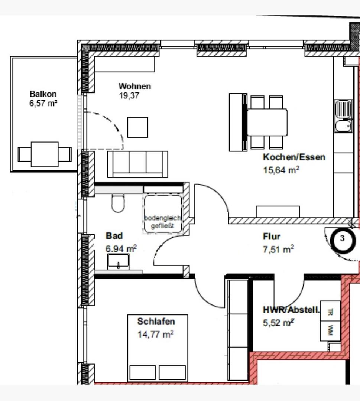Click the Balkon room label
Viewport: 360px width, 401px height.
click(x=43, y=94)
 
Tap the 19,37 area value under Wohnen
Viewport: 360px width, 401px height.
click(x=129, y=96)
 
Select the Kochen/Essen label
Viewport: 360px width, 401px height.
click(x=294, y=157)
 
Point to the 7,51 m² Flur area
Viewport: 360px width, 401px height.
click(x=278, y=249)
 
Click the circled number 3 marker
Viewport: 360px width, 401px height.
click(x=343, y=240)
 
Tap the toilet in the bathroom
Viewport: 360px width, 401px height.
click(x=118, y=203)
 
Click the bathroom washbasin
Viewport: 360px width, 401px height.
click(x=118, y=261)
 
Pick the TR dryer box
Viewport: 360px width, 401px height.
click(x=330, y=312)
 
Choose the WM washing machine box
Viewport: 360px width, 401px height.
click(x=330, y=331)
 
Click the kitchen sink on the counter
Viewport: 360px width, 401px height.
click(x=343, y=116)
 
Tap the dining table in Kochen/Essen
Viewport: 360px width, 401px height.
click(x=267, y=122)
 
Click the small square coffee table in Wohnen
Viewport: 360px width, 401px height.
click(x=138, y=127)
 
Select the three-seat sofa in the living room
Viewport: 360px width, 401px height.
click(x=138, y=164)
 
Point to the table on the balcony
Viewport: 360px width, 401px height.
click(x=45, y=154)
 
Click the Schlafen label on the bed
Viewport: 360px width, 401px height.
click(x=156, y=321)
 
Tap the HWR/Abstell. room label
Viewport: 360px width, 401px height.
click(x=291, y=310)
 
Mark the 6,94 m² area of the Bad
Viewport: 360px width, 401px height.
click(x=121, y=248)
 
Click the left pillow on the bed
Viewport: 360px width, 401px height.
click(x=143, y=372)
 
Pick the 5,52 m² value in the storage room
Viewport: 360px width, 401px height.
click(x=278, y=323)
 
